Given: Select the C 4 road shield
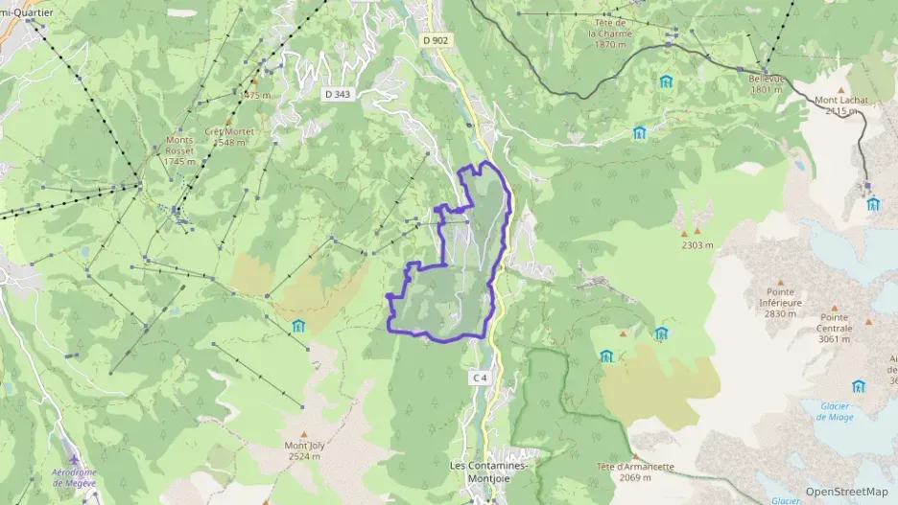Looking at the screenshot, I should coord(480,379).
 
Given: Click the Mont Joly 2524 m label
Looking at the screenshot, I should coord(303,450).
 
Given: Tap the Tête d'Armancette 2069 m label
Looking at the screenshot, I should coord(635,471).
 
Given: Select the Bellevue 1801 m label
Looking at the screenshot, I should coord(767,83).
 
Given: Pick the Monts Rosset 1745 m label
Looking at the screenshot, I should coord(179,149).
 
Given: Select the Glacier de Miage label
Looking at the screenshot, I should coord(836,410).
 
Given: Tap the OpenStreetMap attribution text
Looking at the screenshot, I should coord(846,492).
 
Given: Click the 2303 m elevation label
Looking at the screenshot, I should coord(697,245).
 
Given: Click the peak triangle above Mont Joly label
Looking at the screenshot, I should coord(303,434).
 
